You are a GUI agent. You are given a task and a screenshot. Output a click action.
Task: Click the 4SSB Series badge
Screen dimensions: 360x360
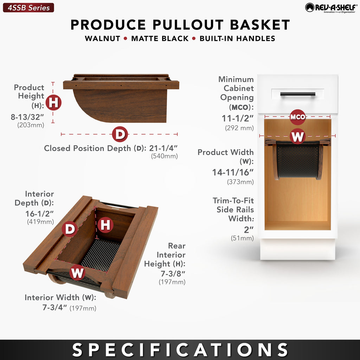click(28, 8)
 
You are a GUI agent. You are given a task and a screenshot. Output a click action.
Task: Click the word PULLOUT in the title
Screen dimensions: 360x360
click(188, 25)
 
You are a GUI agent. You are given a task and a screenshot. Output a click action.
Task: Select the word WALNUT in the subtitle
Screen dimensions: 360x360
click(102, 38)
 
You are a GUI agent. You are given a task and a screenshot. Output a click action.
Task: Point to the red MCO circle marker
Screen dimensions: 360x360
click(297, 117)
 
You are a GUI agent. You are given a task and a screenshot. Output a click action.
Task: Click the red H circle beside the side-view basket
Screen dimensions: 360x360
click(53, 102)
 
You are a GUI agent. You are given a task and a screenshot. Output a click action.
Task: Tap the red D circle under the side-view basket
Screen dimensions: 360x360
click(120, 134)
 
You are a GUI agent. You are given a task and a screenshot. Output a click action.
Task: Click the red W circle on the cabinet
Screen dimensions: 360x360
click(297, 136)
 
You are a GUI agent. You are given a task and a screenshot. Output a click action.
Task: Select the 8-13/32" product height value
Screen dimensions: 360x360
click(27, 117)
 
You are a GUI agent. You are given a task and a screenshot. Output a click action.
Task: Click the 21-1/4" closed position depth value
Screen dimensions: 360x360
click(163, 148)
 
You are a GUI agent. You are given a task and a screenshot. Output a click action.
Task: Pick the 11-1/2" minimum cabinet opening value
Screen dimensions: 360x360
click(238, 118)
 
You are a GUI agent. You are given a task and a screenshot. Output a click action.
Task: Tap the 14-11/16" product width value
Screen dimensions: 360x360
click(233, 172)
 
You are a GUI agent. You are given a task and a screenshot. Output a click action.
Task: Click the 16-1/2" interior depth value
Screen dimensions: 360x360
click(39, 213)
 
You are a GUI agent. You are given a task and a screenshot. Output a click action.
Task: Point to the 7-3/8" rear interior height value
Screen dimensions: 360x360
click(173, 274)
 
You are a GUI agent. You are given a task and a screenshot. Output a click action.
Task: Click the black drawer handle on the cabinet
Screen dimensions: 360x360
click(297, 94)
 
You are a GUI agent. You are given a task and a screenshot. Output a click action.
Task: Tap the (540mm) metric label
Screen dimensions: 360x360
click(165, 156)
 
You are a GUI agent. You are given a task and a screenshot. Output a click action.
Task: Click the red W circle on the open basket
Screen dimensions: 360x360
click(77, 272)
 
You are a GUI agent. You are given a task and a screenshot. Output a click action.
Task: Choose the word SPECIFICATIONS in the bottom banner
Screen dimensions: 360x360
click(180, 350)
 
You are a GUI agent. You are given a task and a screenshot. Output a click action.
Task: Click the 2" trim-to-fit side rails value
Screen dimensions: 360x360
click(249, 230)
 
